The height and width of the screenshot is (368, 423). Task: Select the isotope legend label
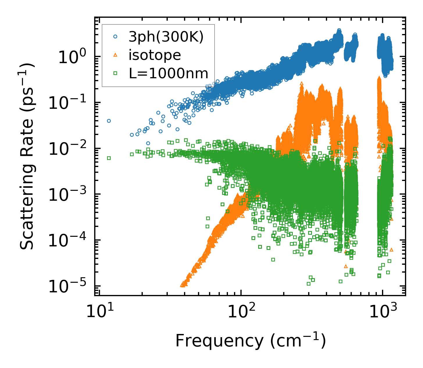pyautogui.click(x=155, y=55)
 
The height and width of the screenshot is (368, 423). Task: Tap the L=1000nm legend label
pyautogui.click(x=169, y=73)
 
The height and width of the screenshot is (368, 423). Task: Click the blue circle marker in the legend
pyautogui.click(x=115, y=37)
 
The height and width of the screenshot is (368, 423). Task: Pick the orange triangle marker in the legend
pyautogui.click(x=115, y=55)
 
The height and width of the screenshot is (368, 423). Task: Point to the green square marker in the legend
pyautogui.click(x=115, y=74)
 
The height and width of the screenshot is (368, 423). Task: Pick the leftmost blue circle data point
pyautogui.click(x=109, y=121)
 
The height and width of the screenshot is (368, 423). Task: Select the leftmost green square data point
pyautogui.click(x=109, y=158)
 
